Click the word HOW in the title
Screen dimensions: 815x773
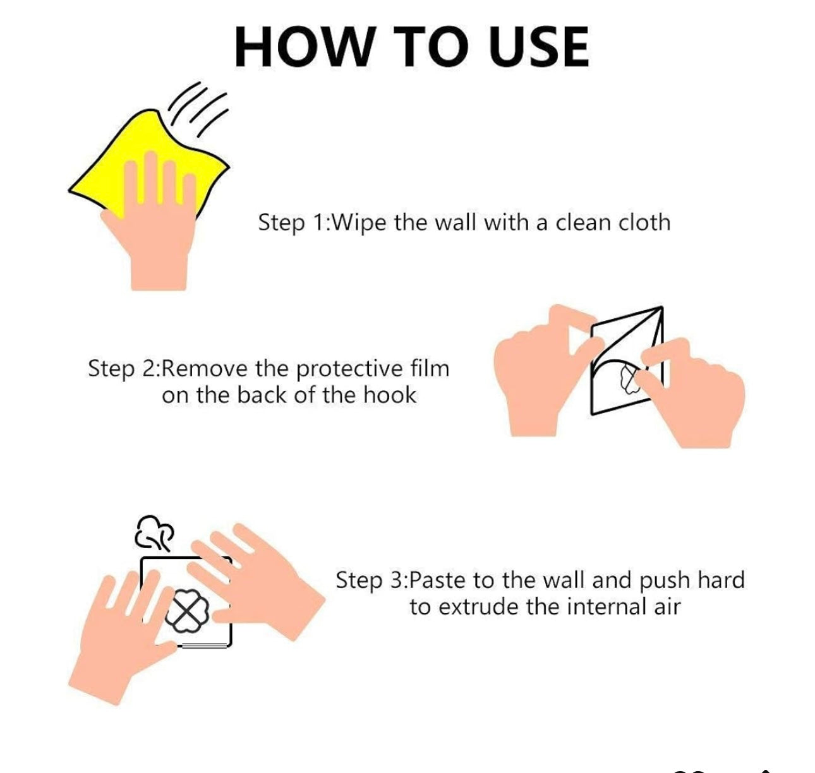[x=303, y=47]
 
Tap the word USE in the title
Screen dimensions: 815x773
[x=538, y=47]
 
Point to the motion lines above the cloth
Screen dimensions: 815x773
[x=198, y=109]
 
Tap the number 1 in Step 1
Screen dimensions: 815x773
[x=319, y=222]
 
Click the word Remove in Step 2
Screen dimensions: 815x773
[x=204, y=368]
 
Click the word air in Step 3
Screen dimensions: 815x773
[x=667, y=607]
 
